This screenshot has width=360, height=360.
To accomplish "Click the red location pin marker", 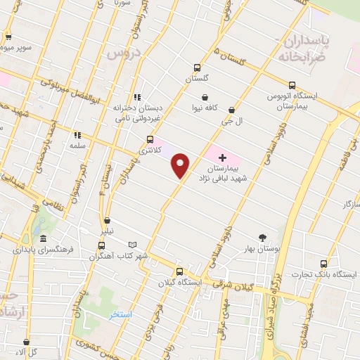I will (x=181, y=165).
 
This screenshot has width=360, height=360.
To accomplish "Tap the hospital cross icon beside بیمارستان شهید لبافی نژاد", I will (x=223, y=157).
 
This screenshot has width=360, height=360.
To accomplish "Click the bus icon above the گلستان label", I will (x=197, y=68).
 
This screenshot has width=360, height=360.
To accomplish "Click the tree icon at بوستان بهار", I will (x=262, y=237).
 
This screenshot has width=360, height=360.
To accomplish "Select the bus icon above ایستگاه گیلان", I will (x=179, y=271).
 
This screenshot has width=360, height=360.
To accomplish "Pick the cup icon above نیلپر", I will (x=107, y=221).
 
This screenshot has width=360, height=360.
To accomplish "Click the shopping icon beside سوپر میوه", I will (x=7, y=38).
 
